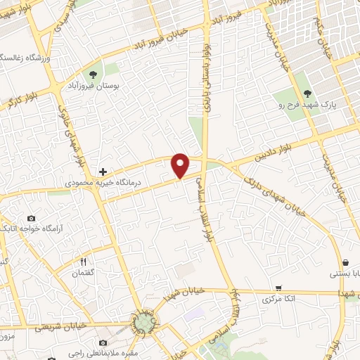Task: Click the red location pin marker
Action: (x=181, y=165)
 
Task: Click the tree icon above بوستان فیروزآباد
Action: (x=92, y=74)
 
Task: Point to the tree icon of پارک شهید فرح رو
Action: (x=307, y=93)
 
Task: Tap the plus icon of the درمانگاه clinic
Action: (x=103, y=172)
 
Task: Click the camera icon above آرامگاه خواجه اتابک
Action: (x=31, y=219)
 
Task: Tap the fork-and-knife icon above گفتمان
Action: (x=84, y=262)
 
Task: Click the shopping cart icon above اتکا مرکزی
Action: (x=279, y=288)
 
